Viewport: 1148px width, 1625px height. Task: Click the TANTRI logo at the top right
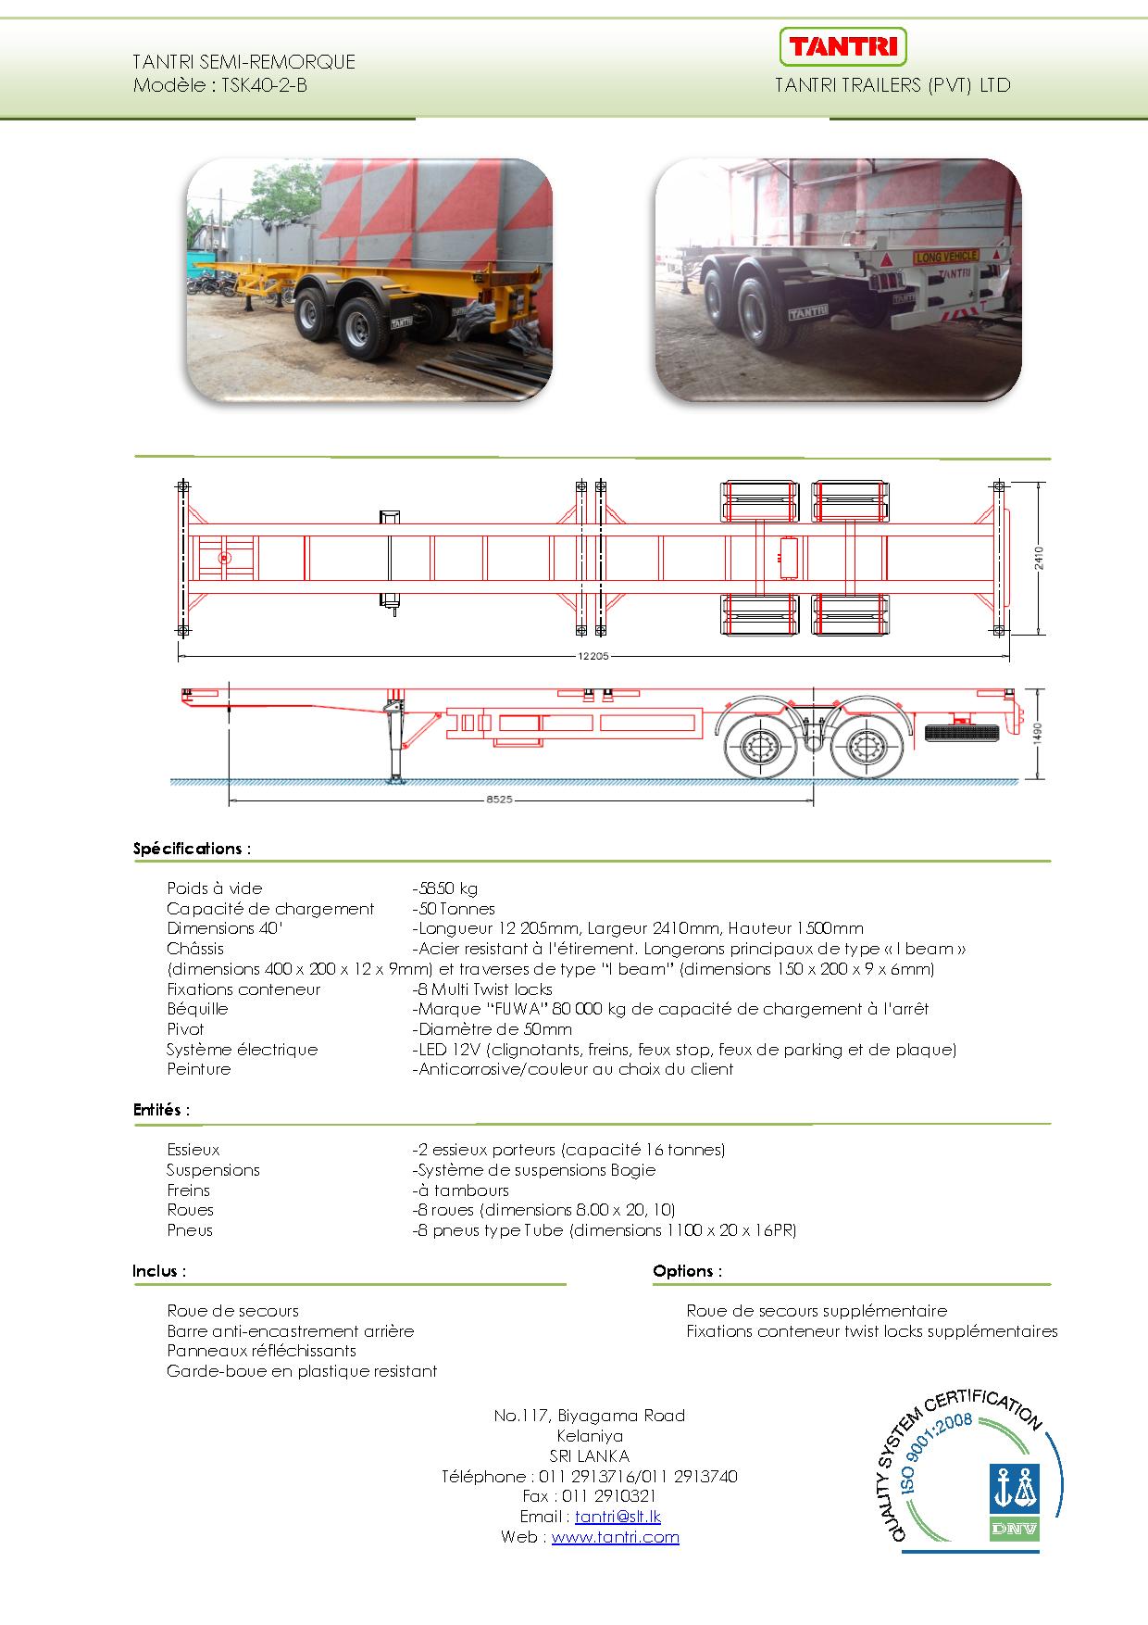click(842, 46)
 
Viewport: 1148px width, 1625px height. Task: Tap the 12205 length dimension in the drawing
click(593, 656)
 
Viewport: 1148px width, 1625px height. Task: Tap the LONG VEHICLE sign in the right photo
click(946, 256)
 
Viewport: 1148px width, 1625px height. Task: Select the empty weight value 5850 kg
click(446, 888)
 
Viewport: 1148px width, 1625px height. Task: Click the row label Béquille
click(197, 1009)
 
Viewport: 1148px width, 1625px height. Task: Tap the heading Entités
click(161, 1109)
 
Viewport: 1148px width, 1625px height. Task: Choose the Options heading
click(687, 1271)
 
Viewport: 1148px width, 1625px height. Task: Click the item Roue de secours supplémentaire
click(817, 1311)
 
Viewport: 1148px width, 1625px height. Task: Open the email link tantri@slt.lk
click(618, 1517)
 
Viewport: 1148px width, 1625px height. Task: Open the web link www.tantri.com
click(616, 1537)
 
